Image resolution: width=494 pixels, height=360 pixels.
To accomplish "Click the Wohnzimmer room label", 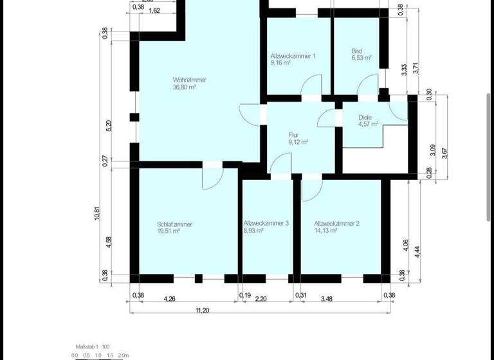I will [x=189, y=80].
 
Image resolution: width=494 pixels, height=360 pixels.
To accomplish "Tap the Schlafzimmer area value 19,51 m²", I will [x=169, y=231].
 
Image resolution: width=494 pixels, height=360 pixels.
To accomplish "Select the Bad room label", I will [x=357, y=51].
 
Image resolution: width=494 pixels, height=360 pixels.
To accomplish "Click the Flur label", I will [x=293, y=135].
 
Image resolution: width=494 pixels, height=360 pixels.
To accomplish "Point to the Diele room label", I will [x=365, y=118].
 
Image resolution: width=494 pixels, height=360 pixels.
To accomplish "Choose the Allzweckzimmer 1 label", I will [x=293, y=56].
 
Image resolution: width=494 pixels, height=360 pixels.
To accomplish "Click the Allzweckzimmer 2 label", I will [x=336, y=224].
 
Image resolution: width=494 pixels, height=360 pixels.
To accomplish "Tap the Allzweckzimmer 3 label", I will [x=266, y=223].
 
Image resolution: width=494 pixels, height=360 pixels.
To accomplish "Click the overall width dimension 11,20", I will [x=201, y=310].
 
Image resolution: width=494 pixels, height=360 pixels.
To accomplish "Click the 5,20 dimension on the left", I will [x=108, y=125].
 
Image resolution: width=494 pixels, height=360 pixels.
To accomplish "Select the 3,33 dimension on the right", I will [x=403, y=70].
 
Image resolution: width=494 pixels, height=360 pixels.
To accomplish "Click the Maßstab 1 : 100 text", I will [x=94, y=346].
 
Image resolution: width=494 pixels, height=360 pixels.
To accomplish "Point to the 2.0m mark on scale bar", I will [x=123, y=355].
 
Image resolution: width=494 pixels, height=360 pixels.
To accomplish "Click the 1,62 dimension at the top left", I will [x=154, y=10].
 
